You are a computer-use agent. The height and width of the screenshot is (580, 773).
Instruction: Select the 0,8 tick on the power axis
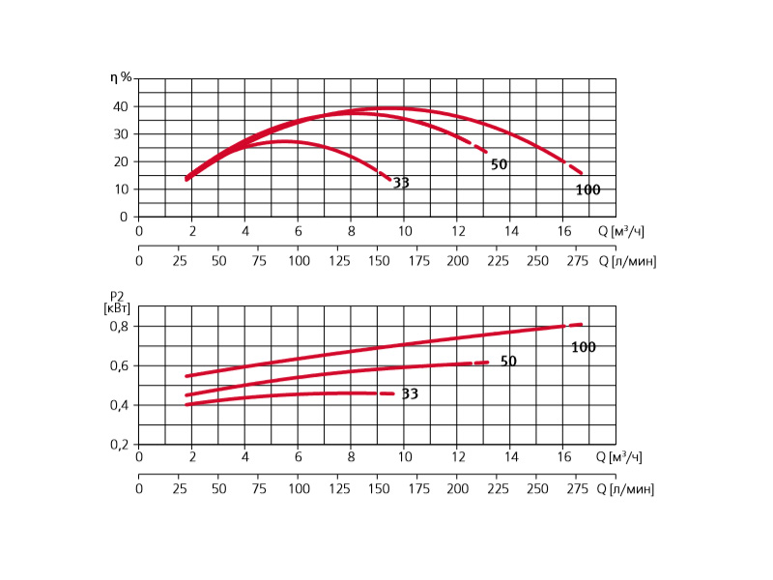coord(116,327)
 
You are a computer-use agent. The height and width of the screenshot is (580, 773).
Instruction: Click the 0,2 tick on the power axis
coord(116,445)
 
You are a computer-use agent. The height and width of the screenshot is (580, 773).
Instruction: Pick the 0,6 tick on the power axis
coord(116,366)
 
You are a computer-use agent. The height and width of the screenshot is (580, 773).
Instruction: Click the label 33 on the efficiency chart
coord(401,183)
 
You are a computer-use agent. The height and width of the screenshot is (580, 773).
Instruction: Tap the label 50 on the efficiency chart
coord(499,165)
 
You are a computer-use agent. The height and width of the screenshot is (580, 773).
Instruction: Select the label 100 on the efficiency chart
coord(587,190)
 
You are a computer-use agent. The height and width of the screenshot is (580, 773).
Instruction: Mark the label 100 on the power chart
coord(583,347)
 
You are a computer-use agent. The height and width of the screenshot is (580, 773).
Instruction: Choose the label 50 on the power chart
coord(508,362)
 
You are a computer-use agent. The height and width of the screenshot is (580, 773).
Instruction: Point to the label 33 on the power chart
coord(410,394)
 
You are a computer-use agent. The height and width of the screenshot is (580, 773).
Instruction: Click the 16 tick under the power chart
coord(563,456)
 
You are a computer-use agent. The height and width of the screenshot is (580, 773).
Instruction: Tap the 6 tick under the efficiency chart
coord(298,232)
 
